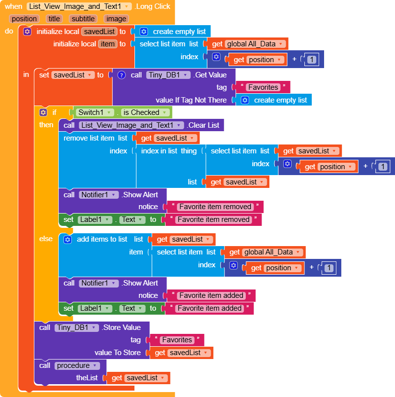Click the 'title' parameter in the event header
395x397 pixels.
[x=54, y=19]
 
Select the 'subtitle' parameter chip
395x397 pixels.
[x=83, y=19]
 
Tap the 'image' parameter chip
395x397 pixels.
[x=116, y=19]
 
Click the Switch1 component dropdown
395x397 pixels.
[x=95, y=112]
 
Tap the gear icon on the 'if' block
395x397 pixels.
[x=43, y=112]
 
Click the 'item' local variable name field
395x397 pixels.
[x=107, y=44]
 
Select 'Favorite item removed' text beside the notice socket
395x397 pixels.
[x=215, y=207]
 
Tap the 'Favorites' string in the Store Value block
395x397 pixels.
[x=177, y=340]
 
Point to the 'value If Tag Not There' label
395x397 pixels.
[x=191, y=100]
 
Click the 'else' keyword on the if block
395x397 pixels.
[x=46, y=239]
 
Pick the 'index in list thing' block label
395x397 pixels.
[x=168, y=151]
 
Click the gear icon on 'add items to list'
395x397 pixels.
[x=68, y=239]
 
